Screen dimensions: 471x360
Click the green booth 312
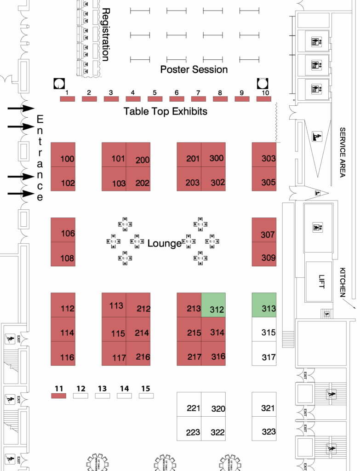(x=213, y=304)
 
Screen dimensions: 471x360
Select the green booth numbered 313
(x=264, y=304)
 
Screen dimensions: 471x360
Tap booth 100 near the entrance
(x=63, y=155)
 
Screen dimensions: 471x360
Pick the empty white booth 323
(x=264, y=428)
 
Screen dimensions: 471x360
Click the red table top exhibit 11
(x=59, y=395)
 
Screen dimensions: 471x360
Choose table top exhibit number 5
(x=154, y=98)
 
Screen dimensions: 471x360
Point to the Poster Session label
(x=194, y=69)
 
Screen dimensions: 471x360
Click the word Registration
(x=105, y=34)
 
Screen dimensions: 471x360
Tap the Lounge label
(x=165, y=243)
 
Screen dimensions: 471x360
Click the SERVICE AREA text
(x=343, y=152)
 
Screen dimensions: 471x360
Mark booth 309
(x=264, y=254)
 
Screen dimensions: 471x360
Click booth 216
(x=138, y=354)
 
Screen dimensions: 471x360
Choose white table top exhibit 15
(x=146, y=395)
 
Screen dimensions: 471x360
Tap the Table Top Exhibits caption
(x=166, y=111)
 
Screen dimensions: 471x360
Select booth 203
(x=189, y=179)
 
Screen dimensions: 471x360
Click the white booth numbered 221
(x=189, y=404)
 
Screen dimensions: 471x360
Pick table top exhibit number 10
(x=264, y=98)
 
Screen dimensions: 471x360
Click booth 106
(x=63, y=230)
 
